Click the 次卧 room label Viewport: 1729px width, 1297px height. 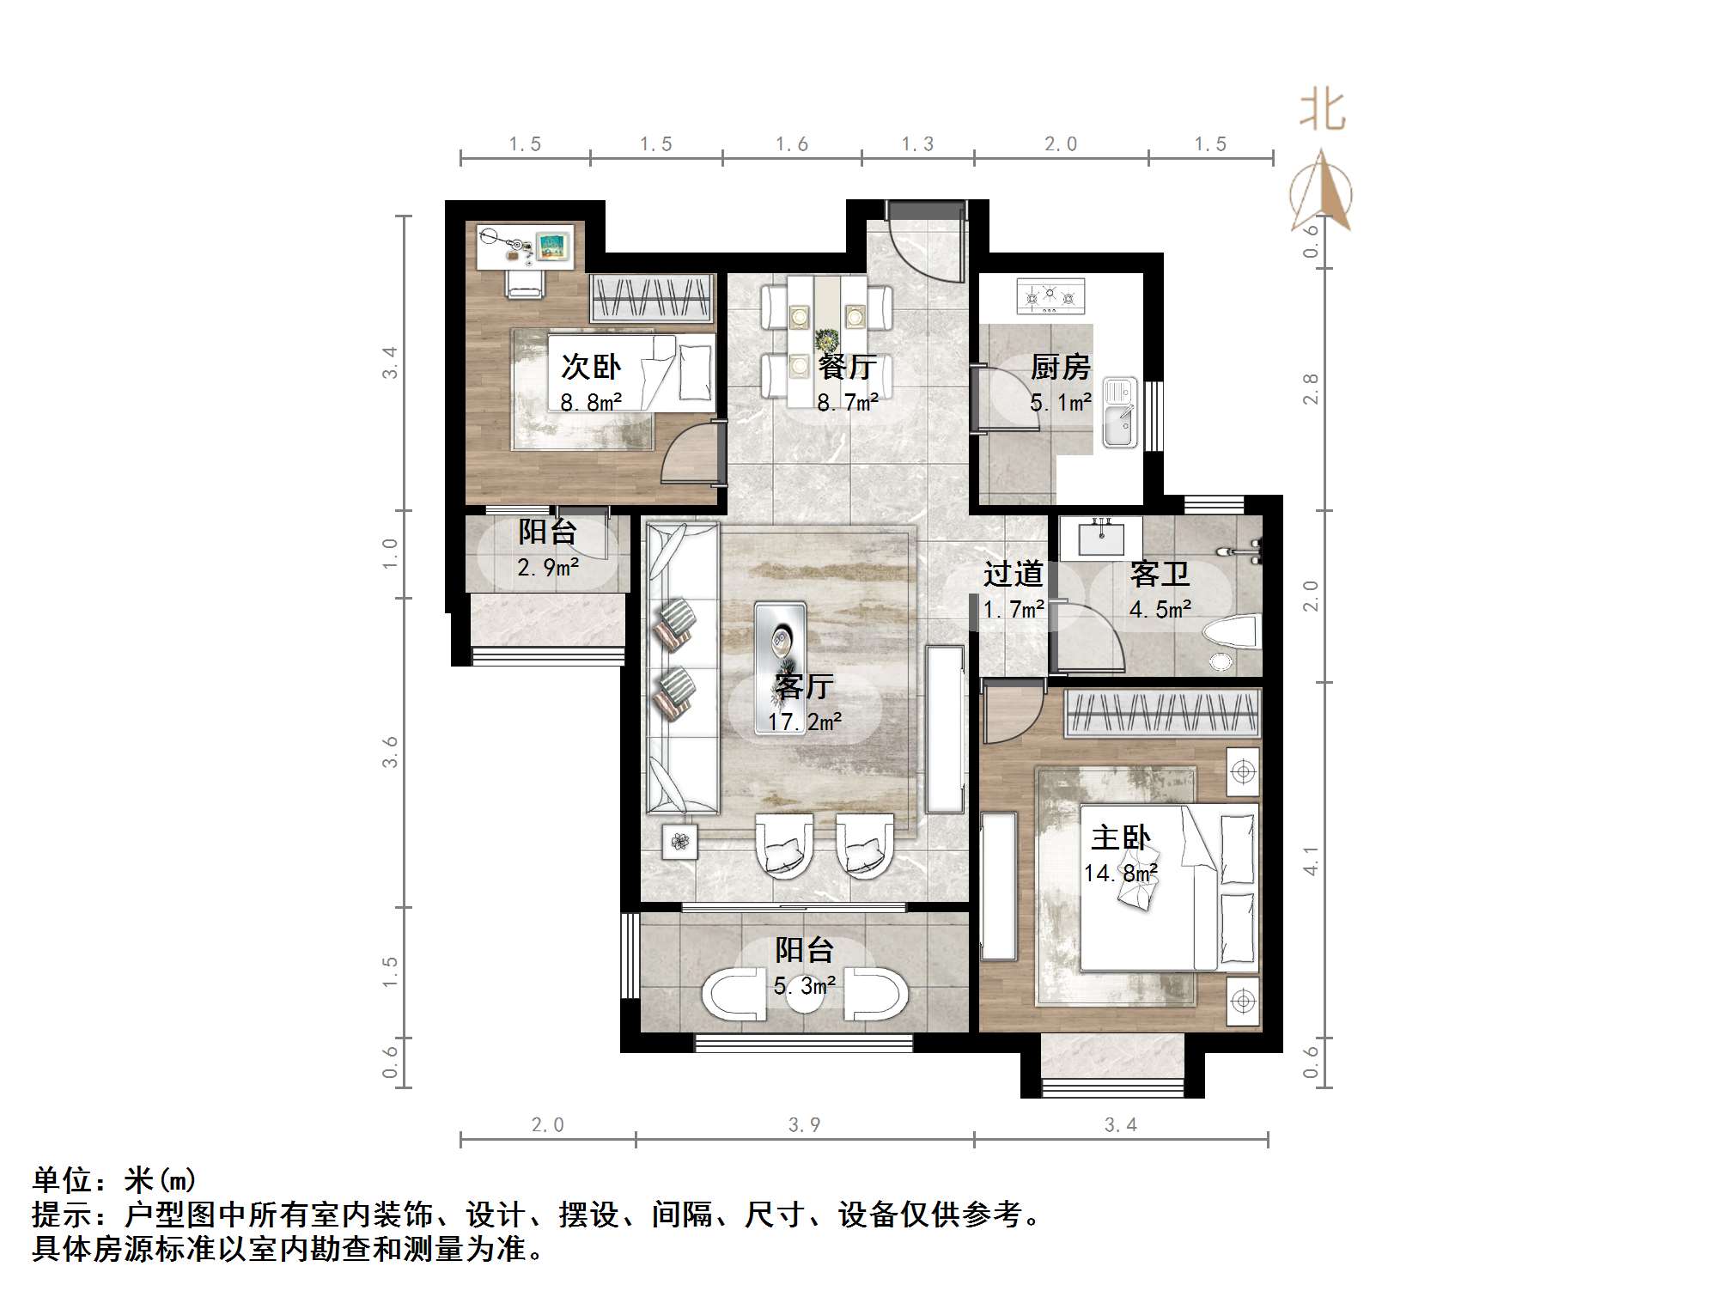(x=591, y=368)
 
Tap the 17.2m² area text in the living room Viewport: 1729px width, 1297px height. (x=805, y=722)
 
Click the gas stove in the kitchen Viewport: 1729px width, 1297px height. (x=1050, y=296)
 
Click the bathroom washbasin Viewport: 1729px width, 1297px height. (x=1100, y=539)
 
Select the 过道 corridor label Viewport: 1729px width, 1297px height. (x=1014, y=573)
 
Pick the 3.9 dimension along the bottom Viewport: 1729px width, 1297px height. (x=805, y=1125)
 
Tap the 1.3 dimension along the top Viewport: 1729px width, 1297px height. (x=917, y=144)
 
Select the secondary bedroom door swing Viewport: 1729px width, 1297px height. (x=692, y=453)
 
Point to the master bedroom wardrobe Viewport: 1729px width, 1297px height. (x=1162, y=713)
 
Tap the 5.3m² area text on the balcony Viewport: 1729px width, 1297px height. (x=805, y=986)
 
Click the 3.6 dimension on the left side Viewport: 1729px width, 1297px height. (x=390, y=752)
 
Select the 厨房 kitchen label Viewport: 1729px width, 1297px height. (x=1061, y=368)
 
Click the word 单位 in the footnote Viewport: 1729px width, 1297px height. (x=62, y=1180)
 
